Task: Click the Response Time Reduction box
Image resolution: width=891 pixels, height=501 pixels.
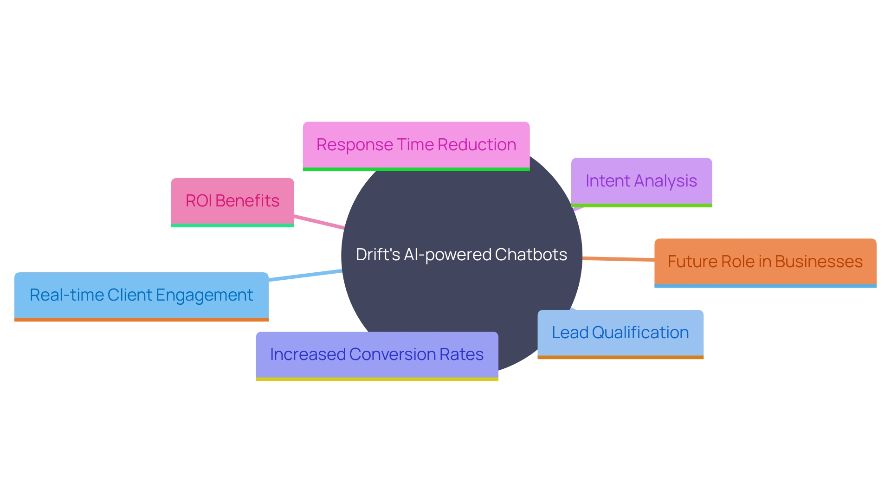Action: (x=416, y=145)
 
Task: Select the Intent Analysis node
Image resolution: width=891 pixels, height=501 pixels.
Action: (x=641, y=181)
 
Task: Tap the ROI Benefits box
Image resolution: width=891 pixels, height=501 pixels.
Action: (x=232, y=201)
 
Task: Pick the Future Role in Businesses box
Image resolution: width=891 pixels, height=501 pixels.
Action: (x=765, y=262)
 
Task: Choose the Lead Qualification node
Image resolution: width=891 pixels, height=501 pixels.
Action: (x=620, y=333)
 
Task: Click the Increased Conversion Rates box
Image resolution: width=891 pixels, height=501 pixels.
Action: (x=376, y=354)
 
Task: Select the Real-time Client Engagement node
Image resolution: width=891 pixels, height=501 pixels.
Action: (x=141, y=295)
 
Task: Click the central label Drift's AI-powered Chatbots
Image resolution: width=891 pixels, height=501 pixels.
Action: (x=461, y=255)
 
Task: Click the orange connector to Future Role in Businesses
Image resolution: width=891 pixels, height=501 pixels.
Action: (x=618, y=259)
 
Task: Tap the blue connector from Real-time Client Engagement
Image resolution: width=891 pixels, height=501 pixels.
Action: (x=305, y=276)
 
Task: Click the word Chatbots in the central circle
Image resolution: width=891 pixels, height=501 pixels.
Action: (x=531, y=255)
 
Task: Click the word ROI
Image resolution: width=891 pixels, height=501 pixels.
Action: (x=199, y=201)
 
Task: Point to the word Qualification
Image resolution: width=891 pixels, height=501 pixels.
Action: (x=640, y=333)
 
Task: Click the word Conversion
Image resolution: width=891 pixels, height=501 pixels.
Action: (x=393, y=354)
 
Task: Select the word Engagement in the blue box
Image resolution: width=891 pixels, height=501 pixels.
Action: (x=204, y=295)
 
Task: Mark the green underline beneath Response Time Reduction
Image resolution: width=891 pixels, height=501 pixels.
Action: (x=416, y=169)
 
